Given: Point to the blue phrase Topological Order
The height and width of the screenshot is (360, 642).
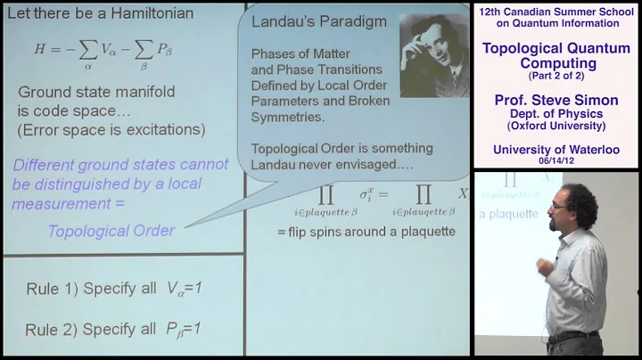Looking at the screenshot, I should (x=111, y=231).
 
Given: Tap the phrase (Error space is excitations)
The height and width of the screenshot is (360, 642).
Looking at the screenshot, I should (x=110, y=130).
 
